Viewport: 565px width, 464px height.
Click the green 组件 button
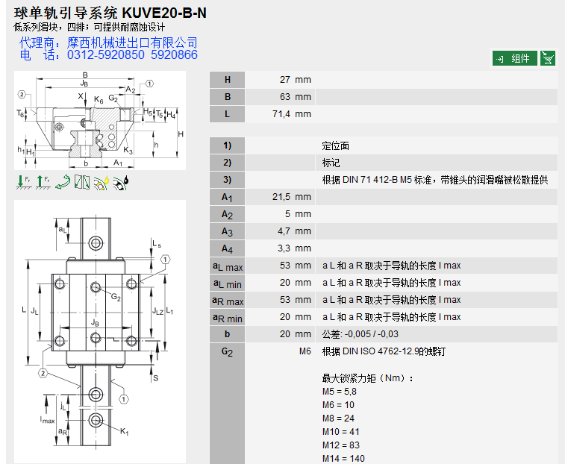click(514, 58)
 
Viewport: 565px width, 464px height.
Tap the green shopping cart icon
click(548, 58)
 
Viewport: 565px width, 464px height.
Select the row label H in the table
click(228, 80)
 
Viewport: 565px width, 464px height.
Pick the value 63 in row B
click(285, 97)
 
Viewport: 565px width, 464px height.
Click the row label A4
click(228, 248)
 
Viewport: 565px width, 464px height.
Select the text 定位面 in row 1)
click(335, 145)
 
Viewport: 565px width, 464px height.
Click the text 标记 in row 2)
click(331, 163)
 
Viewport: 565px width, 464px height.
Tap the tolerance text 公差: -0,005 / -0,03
click(360, 334)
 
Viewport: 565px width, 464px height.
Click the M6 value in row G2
click(305, 351)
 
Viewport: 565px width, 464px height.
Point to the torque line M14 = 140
click(343, 458)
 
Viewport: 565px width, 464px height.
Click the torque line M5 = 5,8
click(339, 391)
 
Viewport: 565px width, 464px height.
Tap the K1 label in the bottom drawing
click(125, 433)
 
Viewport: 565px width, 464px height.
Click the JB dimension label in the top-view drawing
click(95, 322)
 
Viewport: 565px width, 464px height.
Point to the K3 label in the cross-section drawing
click(128, 151)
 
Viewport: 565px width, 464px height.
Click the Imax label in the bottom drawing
click(48, 419)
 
